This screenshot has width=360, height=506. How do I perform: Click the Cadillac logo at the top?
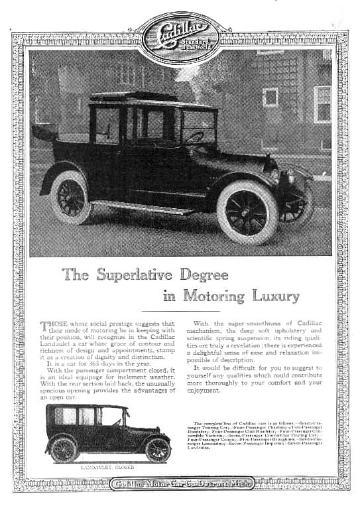click(179, 34)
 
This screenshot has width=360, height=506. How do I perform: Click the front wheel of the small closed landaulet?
click(158, 449)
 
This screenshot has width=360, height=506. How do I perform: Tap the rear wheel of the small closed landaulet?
click(64, 450)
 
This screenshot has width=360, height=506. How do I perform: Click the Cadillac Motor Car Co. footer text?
click(180, 485)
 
